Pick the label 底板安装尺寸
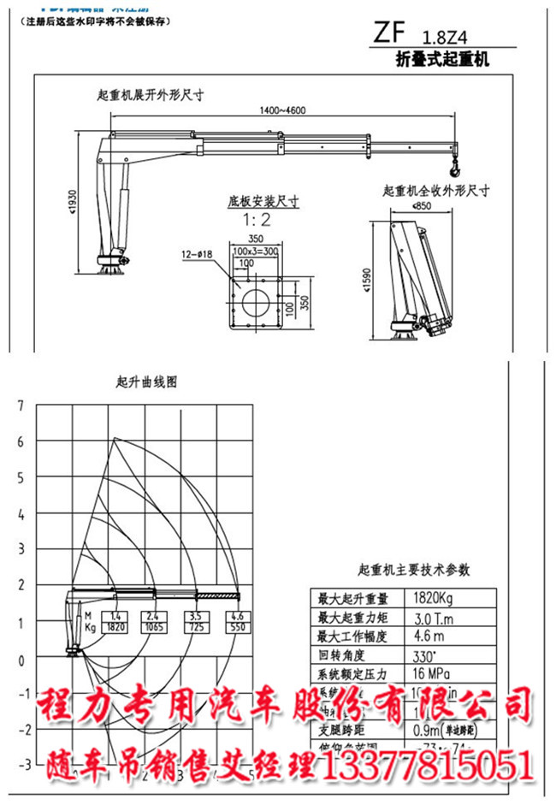point(263,203)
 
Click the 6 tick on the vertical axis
point(21,441)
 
